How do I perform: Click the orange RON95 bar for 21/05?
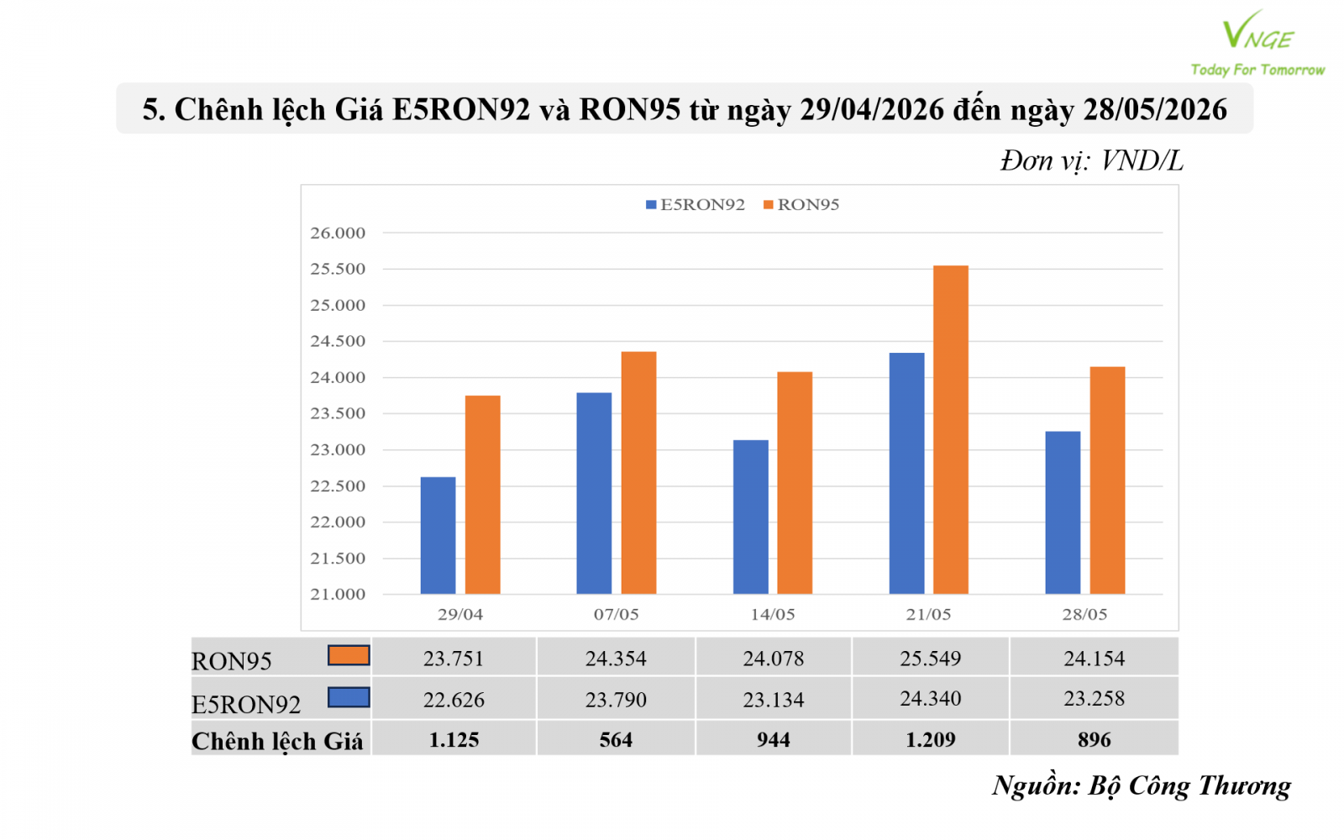click(950, 429)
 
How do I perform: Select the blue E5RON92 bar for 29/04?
click(438, 535)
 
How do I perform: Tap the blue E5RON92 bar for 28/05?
click(1063, 512)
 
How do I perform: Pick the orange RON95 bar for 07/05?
click(638, 473)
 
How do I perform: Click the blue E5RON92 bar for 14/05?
click(751, 517)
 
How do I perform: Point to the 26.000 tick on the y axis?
click(337, 234)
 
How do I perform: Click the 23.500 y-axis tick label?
click(337, 414)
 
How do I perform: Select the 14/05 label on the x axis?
click(773, 614)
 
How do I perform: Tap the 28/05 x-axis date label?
click(1084, 614)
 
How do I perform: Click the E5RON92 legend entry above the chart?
click(696, 205)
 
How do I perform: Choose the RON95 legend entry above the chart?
click(801, 205)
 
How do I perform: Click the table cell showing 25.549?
click(930, 659)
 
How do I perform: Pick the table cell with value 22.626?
click(454, 700)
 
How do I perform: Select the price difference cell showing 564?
click(617, 739)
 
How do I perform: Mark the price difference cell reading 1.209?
click(930, 739)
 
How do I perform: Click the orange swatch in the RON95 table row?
click(349, 655)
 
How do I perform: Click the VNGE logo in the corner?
click(1257, 43)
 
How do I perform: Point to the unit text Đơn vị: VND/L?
click(1092, 160)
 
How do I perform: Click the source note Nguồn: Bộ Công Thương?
click(1142, 786)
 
